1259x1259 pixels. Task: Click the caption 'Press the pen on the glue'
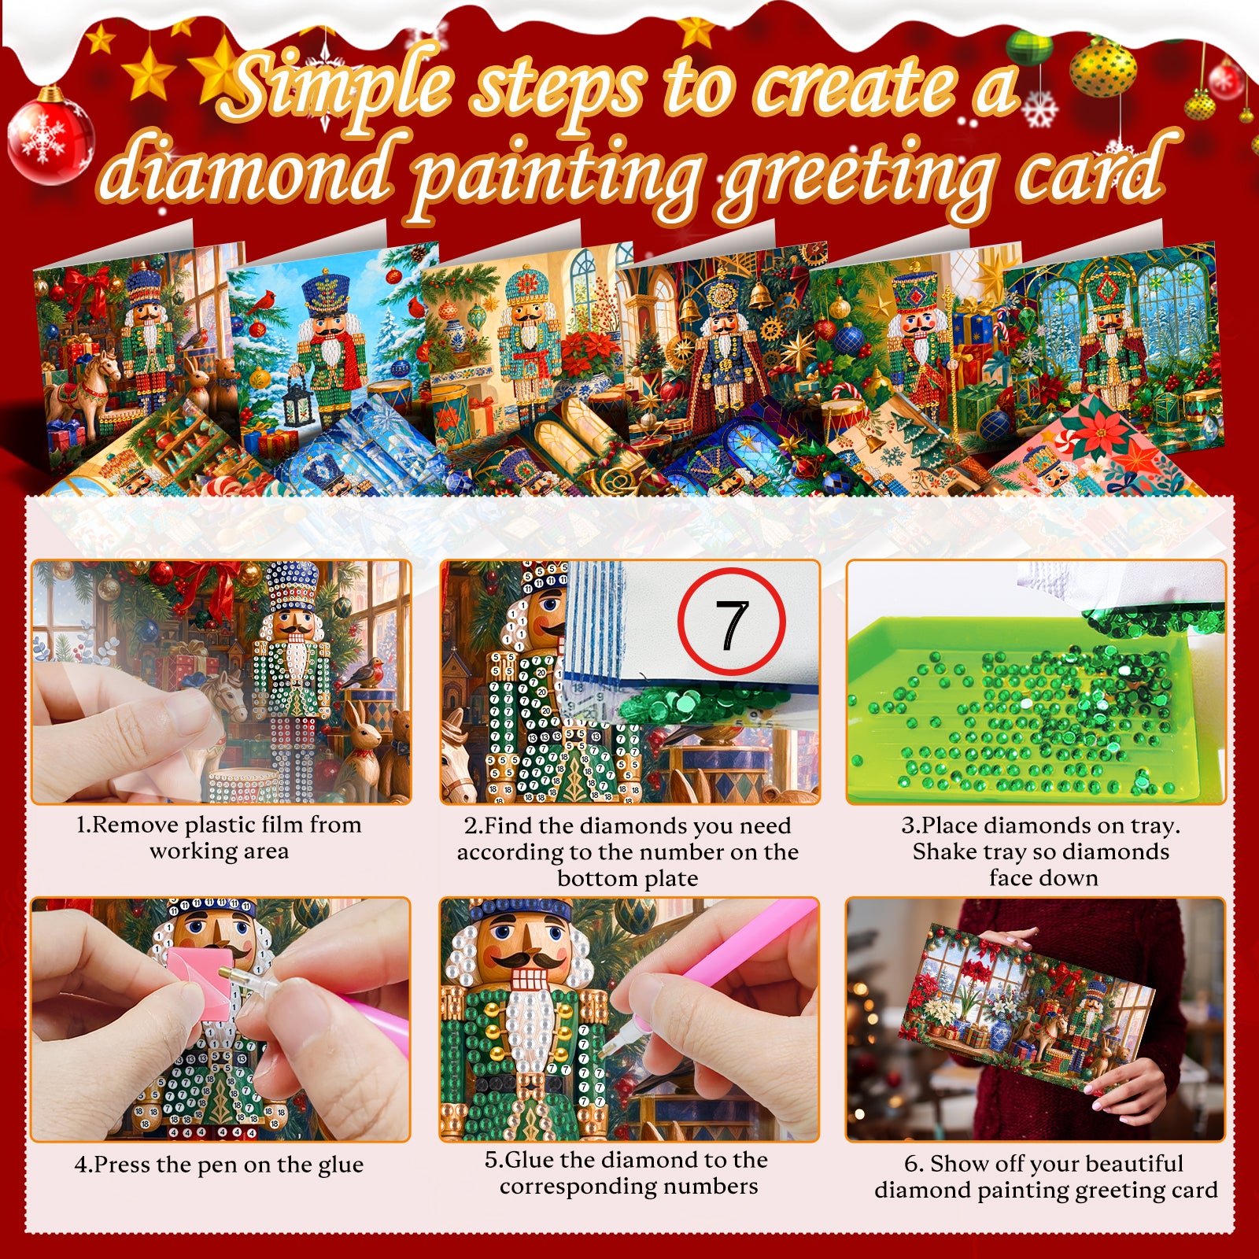click(x=220, y=1164)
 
